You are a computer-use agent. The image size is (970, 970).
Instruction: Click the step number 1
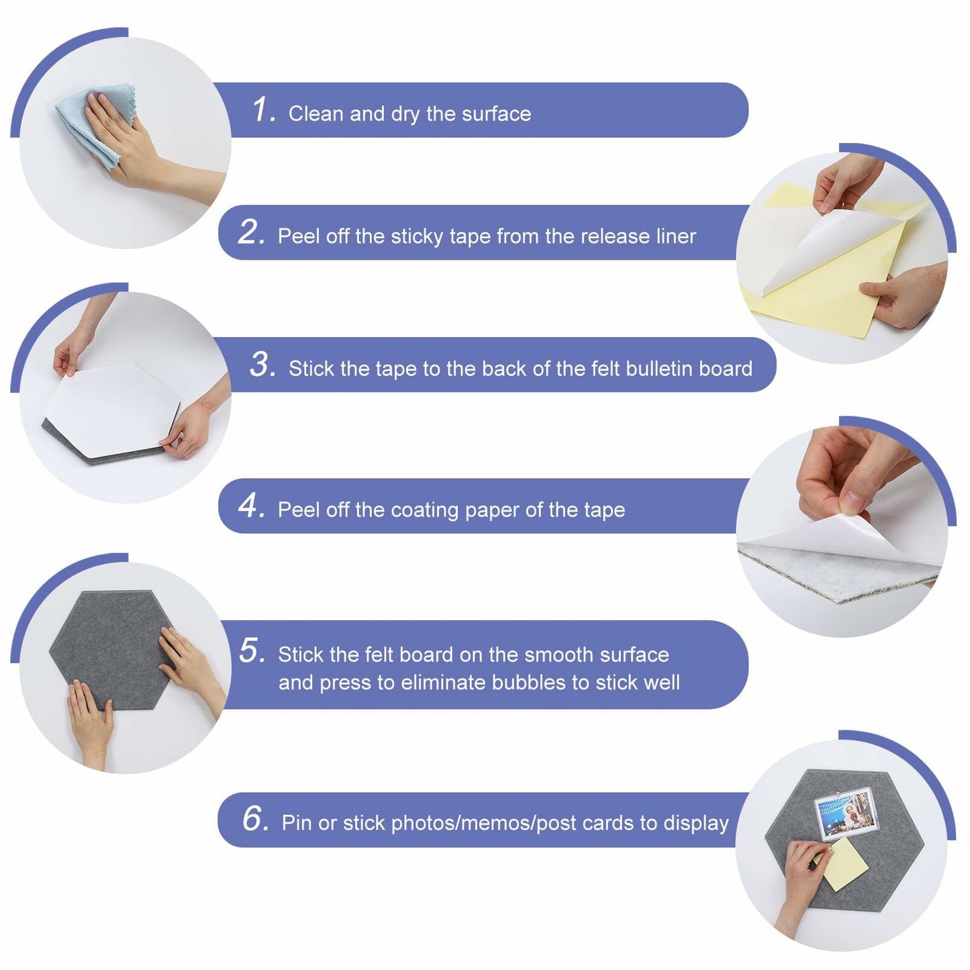click(263, 109)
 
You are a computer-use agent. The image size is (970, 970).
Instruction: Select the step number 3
click(262, 365)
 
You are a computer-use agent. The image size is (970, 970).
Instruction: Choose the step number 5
click(252, 650)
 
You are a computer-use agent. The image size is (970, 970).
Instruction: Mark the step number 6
click(256, 818)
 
